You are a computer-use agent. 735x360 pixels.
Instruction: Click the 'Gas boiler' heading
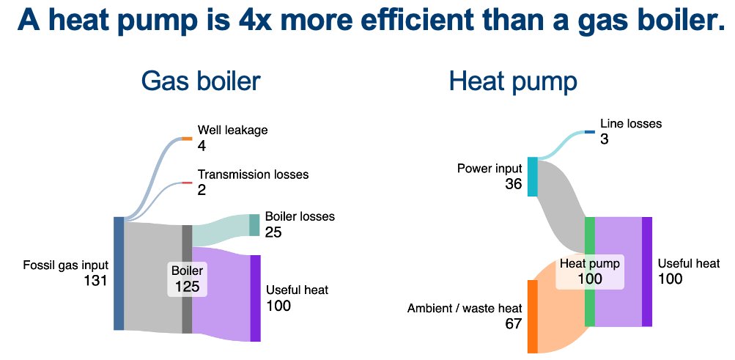pos(200,81)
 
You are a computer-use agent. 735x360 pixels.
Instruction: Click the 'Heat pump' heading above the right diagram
pos(513,81)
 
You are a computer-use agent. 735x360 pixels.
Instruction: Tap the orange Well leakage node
pos(187,138)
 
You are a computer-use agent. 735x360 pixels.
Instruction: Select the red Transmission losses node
pos(187,183)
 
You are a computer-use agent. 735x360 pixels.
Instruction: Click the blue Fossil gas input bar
pos(119,273)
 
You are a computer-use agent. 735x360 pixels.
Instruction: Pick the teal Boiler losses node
pos(254,225)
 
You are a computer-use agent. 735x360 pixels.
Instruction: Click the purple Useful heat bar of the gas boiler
pos(255,298)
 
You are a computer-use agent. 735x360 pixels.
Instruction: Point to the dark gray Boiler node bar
pos(187,279)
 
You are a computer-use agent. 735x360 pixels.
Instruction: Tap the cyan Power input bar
pos(533,177)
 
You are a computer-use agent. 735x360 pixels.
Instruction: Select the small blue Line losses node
pos(590,132)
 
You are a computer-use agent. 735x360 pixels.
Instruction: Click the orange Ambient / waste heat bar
pos(533,316)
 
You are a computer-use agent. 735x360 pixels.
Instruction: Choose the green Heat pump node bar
pos(589,271)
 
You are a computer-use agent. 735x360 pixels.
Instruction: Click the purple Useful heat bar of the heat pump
pos(646,271)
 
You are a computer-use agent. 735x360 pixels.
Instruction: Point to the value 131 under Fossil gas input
pos(95,281)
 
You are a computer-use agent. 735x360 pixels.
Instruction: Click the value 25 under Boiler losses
pos(273,232)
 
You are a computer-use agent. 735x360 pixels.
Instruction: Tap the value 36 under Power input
pos(513,184)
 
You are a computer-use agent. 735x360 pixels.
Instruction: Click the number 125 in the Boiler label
pos(187,286)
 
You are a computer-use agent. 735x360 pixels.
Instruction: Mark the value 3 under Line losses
pos(605,139)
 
